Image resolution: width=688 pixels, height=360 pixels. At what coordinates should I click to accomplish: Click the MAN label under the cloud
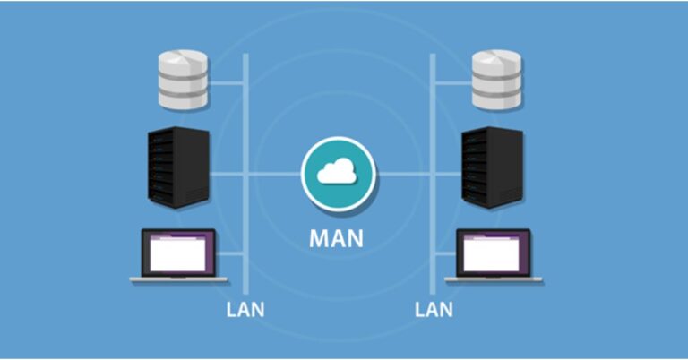[x=338, y=239]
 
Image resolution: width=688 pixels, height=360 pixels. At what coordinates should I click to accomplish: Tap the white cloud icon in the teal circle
[x=338, y=172]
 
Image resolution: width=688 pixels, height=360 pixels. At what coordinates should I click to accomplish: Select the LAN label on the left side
[x=245, y=311]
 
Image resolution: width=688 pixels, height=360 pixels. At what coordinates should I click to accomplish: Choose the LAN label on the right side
[x=434, y=311]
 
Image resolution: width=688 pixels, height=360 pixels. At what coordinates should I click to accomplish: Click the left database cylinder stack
[x=182, y=78]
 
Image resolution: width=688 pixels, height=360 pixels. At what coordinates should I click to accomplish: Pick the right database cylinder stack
[x=496, y=78]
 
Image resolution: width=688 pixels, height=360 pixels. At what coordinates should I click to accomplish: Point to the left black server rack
[x=177, y=167]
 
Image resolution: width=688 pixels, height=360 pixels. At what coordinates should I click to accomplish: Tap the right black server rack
[x=492, y=167]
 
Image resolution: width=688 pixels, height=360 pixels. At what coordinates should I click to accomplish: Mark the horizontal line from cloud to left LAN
[x=272, y=173]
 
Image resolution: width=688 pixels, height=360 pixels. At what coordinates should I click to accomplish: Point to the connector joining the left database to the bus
[x=227, y=85]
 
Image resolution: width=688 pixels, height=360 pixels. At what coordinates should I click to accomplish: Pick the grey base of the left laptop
[x=178, y=280]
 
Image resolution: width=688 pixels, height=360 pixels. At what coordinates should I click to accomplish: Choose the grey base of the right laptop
[x=494, y=280]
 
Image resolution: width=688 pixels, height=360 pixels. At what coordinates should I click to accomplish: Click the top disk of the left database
[x=182, y=62]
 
